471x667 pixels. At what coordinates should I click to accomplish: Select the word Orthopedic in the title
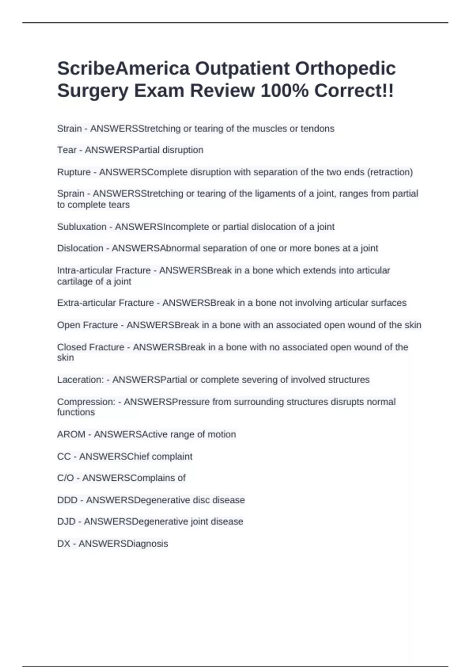tap(345, 69)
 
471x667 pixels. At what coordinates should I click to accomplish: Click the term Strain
tap(69, 129)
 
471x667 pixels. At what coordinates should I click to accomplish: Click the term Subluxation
tap(82, 227)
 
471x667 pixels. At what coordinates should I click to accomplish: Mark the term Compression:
tap(86, 402)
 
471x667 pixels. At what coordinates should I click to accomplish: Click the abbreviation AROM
tap(71, 434)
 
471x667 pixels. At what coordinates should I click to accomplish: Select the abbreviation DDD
tap(67, 500)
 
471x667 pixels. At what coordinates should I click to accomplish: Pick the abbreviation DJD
tap(66, 521)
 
